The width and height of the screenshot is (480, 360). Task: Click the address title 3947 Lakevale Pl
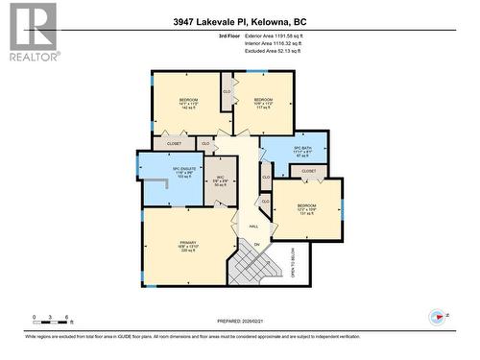(240, 20)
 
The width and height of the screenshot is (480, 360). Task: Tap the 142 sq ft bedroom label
(187, 104)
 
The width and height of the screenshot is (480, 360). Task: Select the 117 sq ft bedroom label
(264, 104)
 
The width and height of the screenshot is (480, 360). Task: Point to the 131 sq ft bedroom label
(306, 209)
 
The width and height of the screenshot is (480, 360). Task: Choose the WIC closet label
(220, 179)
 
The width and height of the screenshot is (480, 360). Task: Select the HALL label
(253, 227)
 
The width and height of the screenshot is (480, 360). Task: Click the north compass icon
(436, 317)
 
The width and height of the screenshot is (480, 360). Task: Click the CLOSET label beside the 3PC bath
(308, 171)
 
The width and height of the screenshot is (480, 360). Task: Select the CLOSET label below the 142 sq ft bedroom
(174, 144)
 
